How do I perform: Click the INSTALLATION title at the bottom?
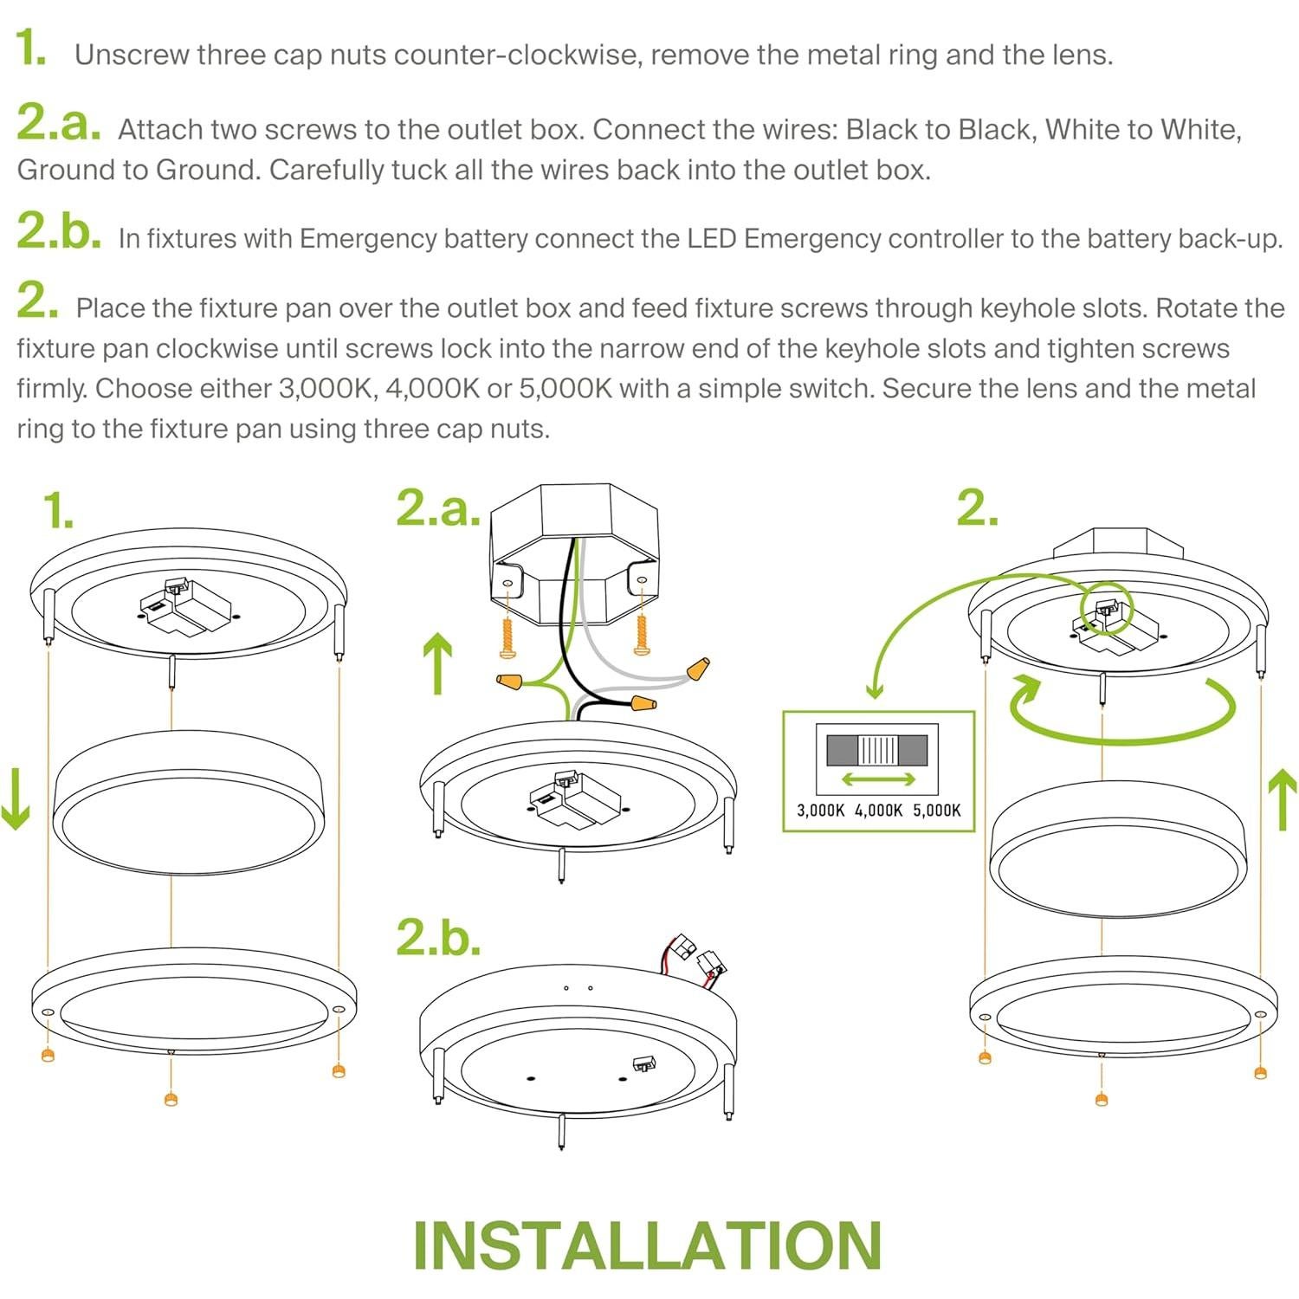pos(648,1245)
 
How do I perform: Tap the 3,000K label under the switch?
pos(820,811)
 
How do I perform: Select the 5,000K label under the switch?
pos(937,811)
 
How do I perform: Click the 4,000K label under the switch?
pos(878,811)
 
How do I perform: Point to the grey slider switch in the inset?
pos(877,750)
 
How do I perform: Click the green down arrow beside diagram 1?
pos(16,797)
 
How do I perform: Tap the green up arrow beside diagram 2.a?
pos(439,663)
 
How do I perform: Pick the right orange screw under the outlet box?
pos(642,635)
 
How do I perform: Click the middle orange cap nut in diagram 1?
pos(171,1099)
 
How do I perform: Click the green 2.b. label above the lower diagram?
pos(438,937)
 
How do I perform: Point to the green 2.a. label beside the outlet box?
pos(438,508)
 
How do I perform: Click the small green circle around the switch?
pos(1104,610)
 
